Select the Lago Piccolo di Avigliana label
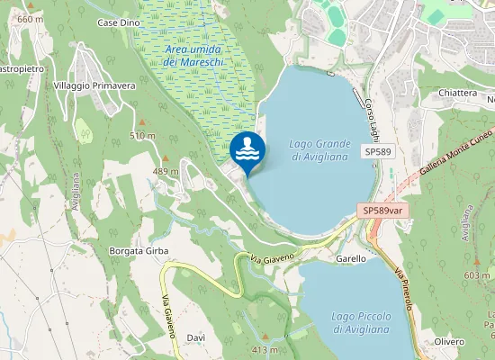click(x=360, y=322)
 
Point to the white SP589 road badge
click(x=378, y=153)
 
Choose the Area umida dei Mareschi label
click(x=195, y=55)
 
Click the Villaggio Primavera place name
click(x=94, y=85)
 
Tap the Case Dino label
click(x=119, y=22)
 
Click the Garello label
click(x=350, y=258)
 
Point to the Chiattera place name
click(x=458, y=93)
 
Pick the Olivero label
click(x=449, y=342)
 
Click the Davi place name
click(x=196, y=337)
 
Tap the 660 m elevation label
click(x=30, y=19)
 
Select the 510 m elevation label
click(x=142, y=135)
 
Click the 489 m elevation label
click(x=166, y=171)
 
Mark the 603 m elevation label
click(x=477, y=275)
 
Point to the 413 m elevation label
click(x=265, y=349)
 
